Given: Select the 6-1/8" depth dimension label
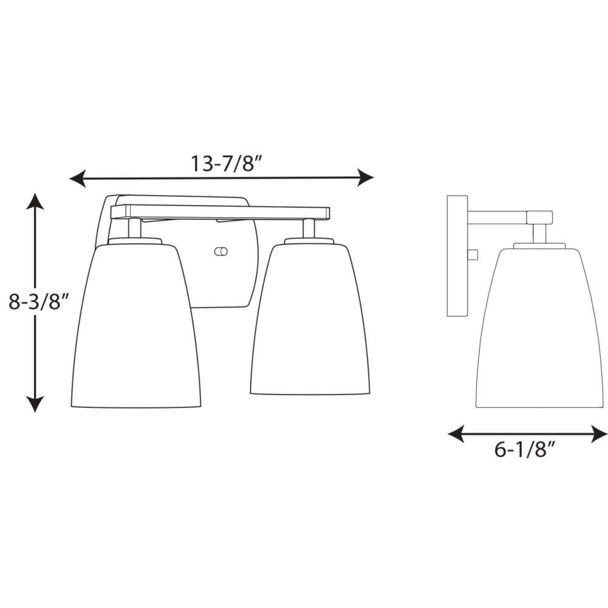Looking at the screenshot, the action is (x=525, y=449).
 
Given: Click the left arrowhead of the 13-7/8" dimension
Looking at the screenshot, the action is (x=77, y=178).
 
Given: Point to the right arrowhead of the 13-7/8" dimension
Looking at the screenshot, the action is (x=365, y=178).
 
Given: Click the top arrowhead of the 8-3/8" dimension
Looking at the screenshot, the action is (x=35, y=201).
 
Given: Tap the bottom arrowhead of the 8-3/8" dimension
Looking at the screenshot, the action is (x=35, y=404).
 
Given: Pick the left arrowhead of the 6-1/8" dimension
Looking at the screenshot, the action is (x=456, y=434).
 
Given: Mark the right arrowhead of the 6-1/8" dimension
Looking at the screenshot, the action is (x=599, y=434).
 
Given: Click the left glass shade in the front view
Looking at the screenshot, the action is (x=136, y=326).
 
